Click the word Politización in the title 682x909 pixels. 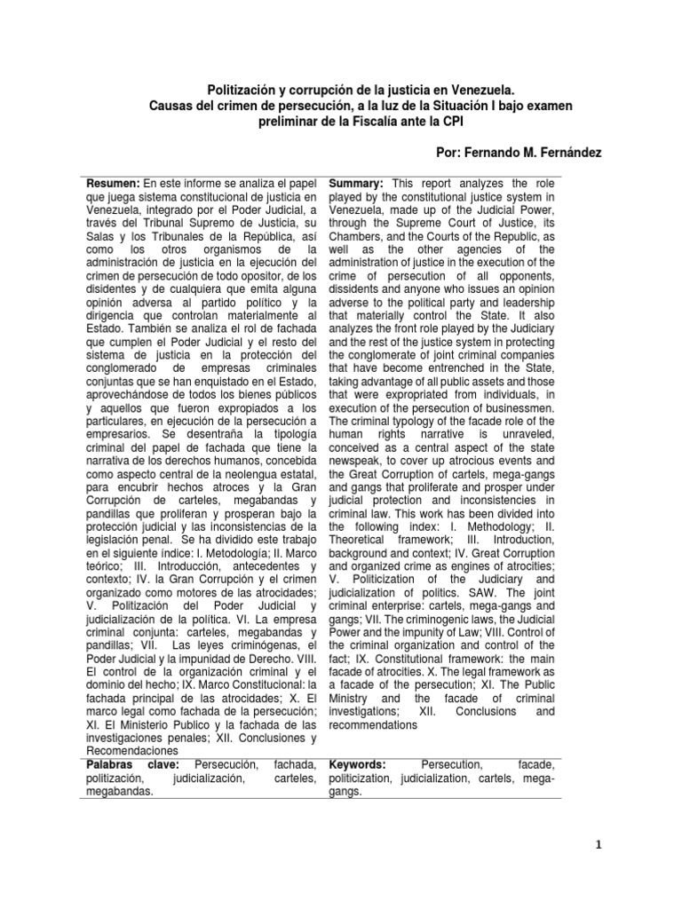click(242, 90)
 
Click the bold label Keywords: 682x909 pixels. click(358, 763)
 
